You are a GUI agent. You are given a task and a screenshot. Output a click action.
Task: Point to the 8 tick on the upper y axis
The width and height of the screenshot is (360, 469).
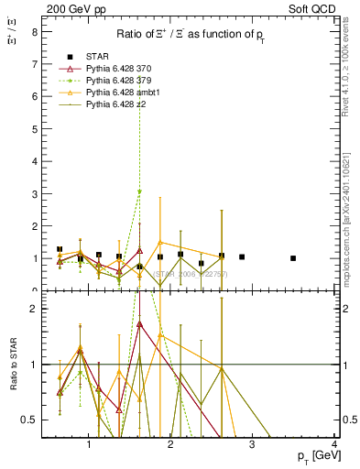point(34,31)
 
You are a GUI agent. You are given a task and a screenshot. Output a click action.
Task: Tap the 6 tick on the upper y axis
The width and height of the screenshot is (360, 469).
point(34,96)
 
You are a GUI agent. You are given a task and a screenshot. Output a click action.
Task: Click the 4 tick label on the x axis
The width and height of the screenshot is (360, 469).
point(334,446)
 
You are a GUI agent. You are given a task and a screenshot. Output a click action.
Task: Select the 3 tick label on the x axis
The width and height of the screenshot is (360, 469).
point(253,446)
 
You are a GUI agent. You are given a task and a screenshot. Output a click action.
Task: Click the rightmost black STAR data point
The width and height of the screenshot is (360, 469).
point(293,258)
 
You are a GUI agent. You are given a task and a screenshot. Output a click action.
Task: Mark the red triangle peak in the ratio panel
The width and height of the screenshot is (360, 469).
point(139,323)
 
